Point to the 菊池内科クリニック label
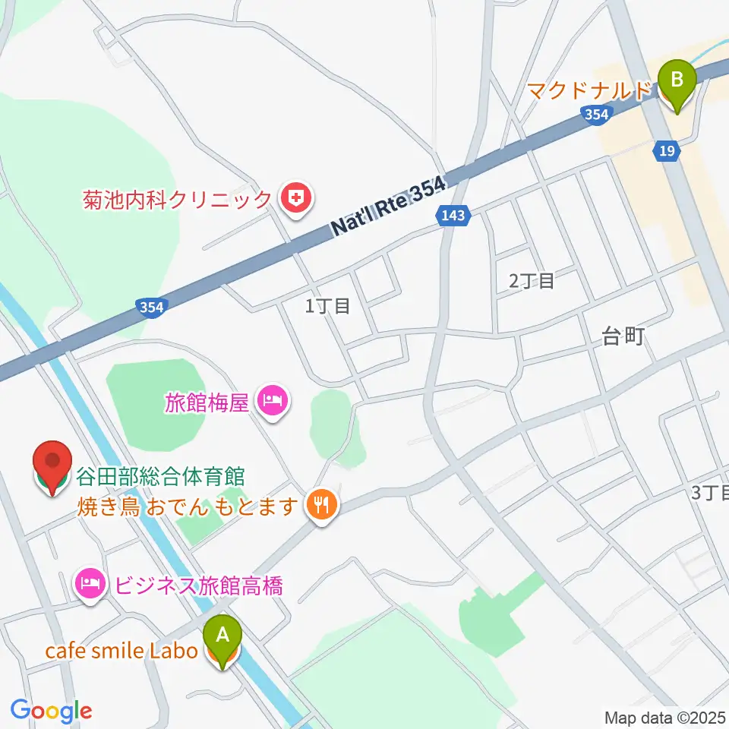click(178, 200)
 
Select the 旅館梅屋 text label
click(207, 401)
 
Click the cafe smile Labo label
click(121, 652)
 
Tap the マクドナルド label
click(590, 90)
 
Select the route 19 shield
click(666, 152)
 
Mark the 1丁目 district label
click(327, 306)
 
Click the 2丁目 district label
click(532, 281)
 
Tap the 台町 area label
click(623, 336)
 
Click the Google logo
click(51, 710)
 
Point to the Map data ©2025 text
click(664, 716)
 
